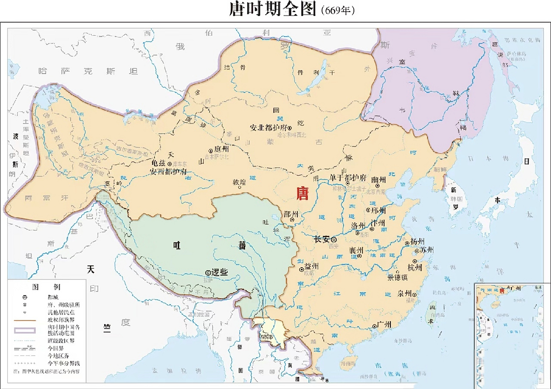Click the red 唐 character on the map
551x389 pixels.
click(302, 194)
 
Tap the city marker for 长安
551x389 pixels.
click(334, 240)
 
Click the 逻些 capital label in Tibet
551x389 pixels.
click(219, 272)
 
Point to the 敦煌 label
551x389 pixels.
click(239, 182)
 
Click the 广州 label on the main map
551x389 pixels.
click(384, 324)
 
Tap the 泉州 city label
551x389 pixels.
click(404, 294)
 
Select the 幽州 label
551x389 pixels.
click(379, 180)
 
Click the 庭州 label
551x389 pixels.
click(221, 149)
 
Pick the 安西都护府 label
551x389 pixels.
click(168, 172)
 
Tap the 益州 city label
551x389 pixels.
click(311, 267)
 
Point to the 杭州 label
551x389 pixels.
click(415, 267)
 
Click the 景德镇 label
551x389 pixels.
click(397, 277)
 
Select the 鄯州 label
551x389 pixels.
click(291, 214)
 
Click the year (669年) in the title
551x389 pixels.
click(338, 11)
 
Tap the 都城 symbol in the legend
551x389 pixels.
click(25, 297)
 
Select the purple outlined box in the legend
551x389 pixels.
click(25, 330)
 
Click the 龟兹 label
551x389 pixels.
click(158, 163)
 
